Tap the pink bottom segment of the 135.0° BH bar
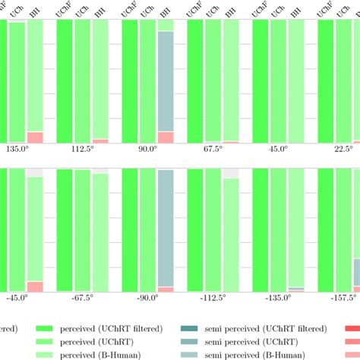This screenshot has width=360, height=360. [35, 137]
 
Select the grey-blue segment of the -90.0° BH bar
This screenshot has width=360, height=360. [166, 228]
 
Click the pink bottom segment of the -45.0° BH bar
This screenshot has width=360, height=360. [35, 286]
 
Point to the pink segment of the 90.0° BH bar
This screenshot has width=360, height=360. [166, 137]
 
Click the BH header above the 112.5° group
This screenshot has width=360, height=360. [100, 11]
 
